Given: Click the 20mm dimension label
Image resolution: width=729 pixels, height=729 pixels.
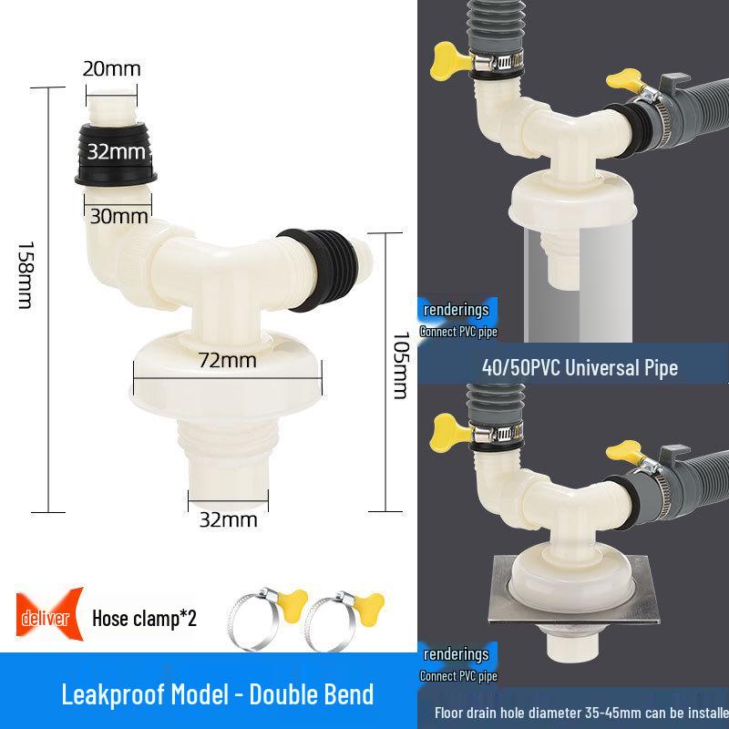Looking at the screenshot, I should coord(112,67).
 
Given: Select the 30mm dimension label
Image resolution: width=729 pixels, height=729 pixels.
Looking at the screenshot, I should coord(118,216).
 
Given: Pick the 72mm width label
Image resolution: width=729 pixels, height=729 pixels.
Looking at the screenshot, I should coord(227,360).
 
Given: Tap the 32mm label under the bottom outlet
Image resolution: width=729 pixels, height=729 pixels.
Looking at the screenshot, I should coord(228,519).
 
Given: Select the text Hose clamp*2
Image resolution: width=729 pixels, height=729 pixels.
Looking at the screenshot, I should coord(144,619).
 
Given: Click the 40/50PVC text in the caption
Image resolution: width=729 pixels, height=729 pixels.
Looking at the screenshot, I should coord(517,368).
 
